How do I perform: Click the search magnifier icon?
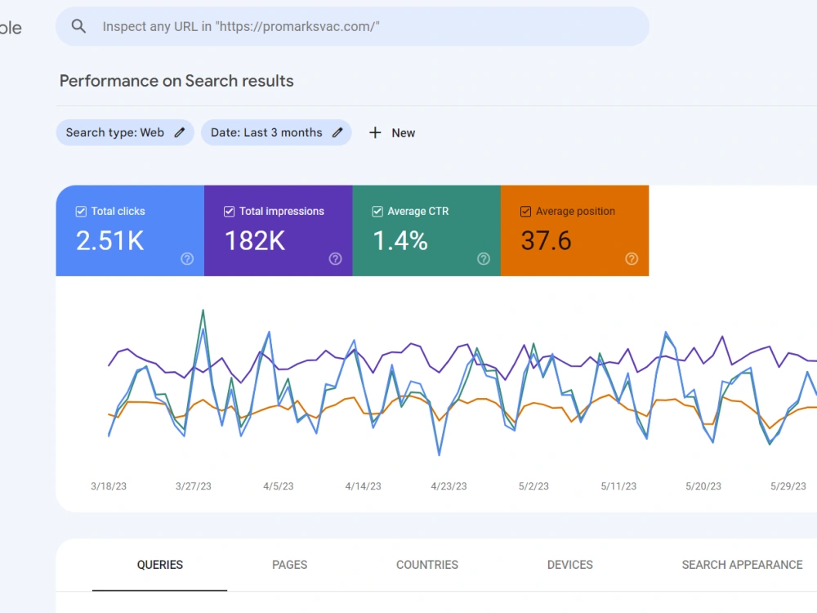point(78,26)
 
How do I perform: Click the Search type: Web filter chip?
point(125,132)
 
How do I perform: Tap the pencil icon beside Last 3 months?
point(337,132)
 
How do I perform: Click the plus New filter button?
point(392,133)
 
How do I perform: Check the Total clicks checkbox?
point(81,211)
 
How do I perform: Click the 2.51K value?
point(110,241)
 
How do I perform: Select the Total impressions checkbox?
point(229,211)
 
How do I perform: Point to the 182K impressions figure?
point(255,241)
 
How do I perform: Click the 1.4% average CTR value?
point(400,241)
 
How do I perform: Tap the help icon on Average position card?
point(632,258)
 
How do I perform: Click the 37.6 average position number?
point(546,241)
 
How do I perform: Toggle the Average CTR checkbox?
point(377,211)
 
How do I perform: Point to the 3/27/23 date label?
point(194,486)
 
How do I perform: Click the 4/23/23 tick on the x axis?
point(449,486)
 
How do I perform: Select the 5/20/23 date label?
point(703,486)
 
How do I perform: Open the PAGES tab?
point(290,565)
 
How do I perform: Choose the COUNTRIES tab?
point(427,565)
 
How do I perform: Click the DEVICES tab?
point(570,565)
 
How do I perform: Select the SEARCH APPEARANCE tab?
point(742,565)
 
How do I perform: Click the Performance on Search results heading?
point(176,81)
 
